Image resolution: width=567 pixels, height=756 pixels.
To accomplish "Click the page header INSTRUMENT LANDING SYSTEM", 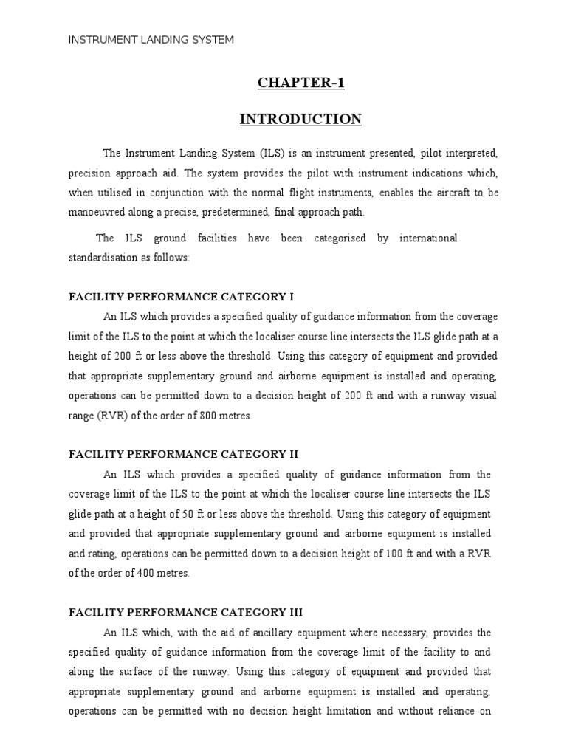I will (x=151, y=40).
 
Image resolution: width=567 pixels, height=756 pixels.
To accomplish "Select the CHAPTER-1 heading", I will (x=300, y=83).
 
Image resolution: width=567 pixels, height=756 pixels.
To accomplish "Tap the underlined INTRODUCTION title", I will (x=300, y=119).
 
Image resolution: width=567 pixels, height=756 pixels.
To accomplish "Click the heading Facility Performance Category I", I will (x=181, y=298).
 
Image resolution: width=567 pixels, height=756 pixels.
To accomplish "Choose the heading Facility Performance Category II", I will (x=183, y=455).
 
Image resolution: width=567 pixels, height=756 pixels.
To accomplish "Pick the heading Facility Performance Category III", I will (x=185, y=613).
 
